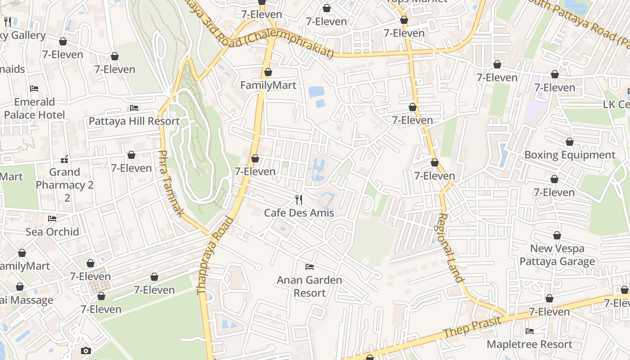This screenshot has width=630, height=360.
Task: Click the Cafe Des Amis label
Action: pos(299,212)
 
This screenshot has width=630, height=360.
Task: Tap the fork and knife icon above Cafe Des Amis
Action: pos(299,199)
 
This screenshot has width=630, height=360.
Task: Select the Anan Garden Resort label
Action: pos(309,286)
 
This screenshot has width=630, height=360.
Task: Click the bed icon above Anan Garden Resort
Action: pos(309,267)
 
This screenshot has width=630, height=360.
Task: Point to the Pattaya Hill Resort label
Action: pos(134,121)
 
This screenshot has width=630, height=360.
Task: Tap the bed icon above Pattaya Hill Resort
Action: pos(134,108)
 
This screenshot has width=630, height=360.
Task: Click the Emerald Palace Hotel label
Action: pos(35,108)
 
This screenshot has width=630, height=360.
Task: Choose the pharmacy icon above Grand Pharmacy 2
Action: pos(64,159)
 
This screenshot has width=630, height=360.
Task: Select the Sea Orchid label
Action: pos(52,232)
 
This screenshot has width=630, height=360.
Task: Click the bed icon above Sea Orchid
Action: pos(52,219)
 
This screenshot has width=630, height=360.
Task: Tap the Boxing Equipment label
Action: pos(570,155)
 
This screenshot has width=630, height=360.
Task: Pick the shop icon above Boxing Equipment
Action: pos(570,142)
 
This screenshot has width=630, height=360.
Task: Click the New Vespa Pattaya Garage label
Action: pos(557,255)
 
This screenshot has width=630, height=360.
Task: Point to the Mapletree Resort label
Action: pos(530,344)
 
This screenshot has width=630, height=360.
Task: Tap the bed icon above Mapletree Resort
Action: pos(530,331)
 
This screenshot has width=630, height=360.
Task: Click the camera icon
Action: pos(85,351)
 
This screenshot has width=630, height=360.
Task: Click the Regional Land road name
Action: pos(450,248)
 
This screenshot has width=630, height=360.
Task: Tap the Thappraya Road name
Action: pos(216,255)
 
